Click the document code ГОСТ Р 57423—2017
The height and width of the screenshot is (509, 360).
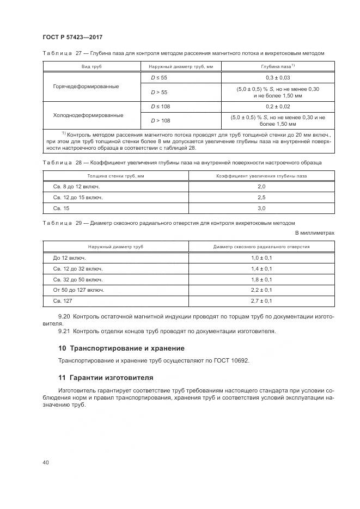[x=72, y=37]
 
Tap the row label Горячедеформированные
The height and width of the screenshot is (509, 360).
[x=86, y=87]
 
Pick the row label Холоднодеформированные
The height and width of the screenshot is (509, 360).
[x=88, y=115]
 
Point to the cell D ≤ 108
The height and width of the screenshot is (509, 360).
[x=160, y=107]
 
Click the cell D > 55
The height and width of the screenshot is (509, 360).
[x=159, y=93]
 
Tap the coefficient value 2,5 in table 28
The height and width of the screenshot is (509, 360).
[x=261, y=197]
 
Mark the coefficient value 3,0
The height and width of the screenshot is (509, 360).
[x=261, y=208]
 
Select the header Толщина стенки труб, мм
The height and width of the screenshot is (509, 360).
[x=115, y=176]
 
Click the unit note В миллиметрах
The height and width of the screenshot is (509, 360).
[x=315, y=233]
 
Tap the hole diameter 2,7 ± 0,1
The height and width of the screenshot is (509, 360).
[x=261, y=301]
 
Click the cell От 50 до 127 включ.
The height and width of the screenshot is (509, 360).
[x=78, y=290]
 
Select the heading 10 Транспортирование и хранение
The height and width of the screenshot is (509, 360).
[x=121, y=348]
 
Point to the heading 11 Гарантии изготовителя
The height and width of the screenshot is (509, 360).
[x=106, y=377]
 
